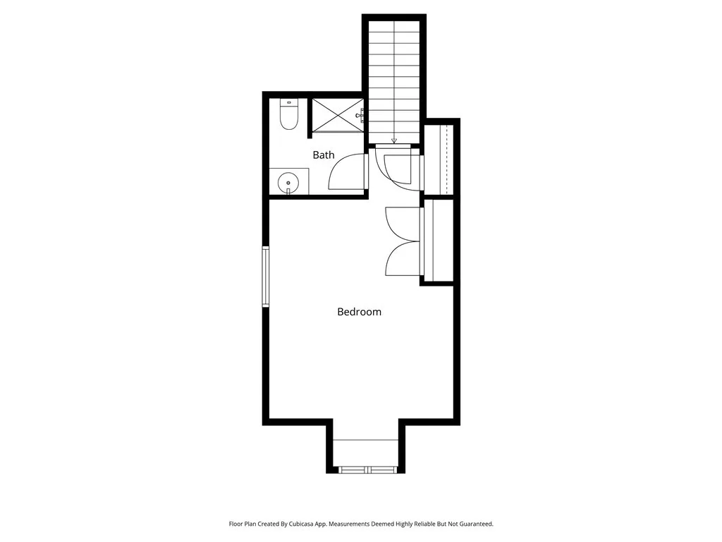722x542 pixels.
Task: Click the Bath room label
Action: point(324,155)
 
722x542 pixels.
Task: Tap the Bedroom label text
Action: point(359,311)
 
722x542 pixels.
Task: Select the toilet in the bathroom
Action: point(289,116)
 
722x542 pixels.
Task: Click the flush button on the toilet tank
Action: point(289,103)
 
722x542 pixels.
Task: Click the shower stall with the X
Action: point(337,115)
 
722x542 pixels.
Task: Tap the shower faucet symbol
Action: point(360,114)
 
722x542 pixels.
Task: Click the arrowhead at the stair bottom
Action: point(394,140)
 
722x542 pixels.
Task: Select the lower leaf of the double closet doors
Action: point(403,258)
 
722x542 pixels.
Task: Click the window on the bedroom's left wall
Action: point(266,276)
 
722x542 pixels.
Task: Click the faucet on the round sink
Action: point(288,191)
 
